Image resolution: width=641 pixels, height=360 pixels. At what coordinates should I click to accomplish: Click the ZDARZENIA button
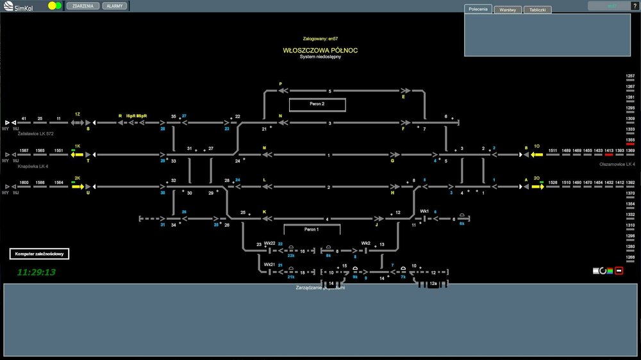tap(83, 6)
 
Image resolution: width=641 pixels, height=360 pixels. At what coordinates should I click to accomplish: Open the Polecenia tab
tap(478, 10)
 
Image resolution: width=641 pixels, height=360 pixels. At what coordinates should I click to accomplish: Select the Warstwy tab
tap(508, 10)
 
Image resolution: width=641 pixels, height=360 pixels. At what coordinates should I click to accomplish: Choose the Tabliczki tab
tap(537, 10)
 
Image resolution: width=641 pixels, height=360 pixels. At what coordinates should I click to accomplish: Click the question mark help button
tap(635, 6)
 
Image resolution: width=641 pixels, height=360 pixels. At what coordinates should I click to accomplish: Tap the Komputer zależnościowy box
tap(38, 254)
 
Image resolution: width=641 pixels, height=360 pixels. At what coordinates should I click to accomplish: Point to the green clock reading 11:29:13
tap(37, 272)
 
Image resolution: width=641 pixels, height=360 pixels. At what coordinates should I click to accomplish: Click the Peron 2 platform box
tap(317, 104)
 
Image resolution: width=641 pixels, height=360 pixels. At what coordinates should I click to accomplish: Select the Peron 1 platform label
tap(312, 229)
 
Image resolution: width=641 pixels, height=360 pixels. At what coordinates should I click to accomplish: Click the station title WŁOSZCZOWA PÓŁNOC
tap(320, 50)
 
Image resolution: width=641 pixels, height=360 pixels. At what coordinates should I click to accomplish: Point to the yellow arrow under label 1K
tap(78, 154)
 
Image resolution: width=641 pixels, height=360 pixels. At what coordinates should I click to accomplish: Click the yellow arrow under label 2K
tap(78, 187)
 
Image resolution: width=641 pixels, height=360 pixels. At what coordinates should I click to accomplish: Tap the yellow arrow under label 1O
tap(537, 154)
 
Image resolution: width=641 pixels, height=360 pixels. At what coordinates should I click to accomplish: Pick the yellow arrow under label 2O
tap(537, 187)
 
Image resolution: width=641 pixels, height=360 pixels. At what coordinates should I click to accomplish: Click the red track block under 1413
tap(609, 155)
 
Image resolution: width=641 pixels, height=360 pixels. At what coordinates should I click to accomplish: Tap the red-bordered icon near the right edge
tap(619, 271)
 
